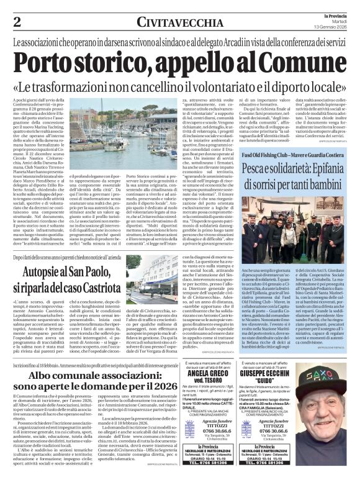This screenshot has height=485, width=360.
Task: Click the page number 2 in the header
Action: point(17,22)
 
